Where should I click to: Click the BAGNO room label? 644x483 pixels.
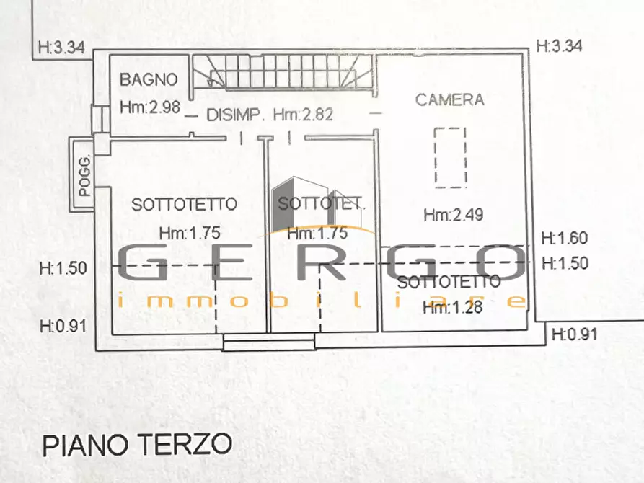[x=149, y=79]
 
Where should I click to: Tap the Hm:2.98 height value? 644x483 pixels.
[x=150, y=107]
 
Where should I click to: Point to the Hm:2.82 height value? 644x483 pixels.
[x=303, y=115]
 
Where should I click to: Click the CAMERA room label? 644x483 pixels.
[x=450, y=99]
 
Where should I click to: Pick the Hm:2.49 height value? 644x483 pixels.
[x=454, y=214]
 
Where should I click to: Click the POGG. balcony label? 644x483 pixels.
[x=84, y=176]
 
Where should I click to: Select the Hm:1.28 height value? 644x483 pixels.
[x=453, y=307]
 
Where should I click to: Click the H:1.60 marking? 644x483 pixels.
[x=565, y=238]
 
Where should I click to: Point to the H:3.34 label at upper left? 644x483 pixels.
[x=61, y=48]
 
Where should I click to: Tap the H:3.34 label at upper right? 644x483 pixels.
[x=560, y=45]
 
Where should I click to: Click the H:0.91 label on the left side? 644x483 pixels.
[x=63, y=327]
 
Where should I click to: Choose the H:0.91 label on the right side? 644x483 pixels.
[x=575, y=334]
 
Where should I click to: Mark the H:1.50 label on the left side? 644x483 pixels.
[x=63, y=268]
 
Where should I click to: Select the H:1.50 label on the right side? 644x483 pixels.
[x=565, y=263]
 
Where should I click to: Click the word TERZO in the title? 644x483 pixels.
[x=185, y=444]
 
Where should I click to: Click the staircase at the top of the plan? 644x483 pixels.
[x=283, y=71]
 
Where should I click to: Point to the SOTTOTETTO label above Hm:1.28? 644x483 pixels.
[x=449, y=282]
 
